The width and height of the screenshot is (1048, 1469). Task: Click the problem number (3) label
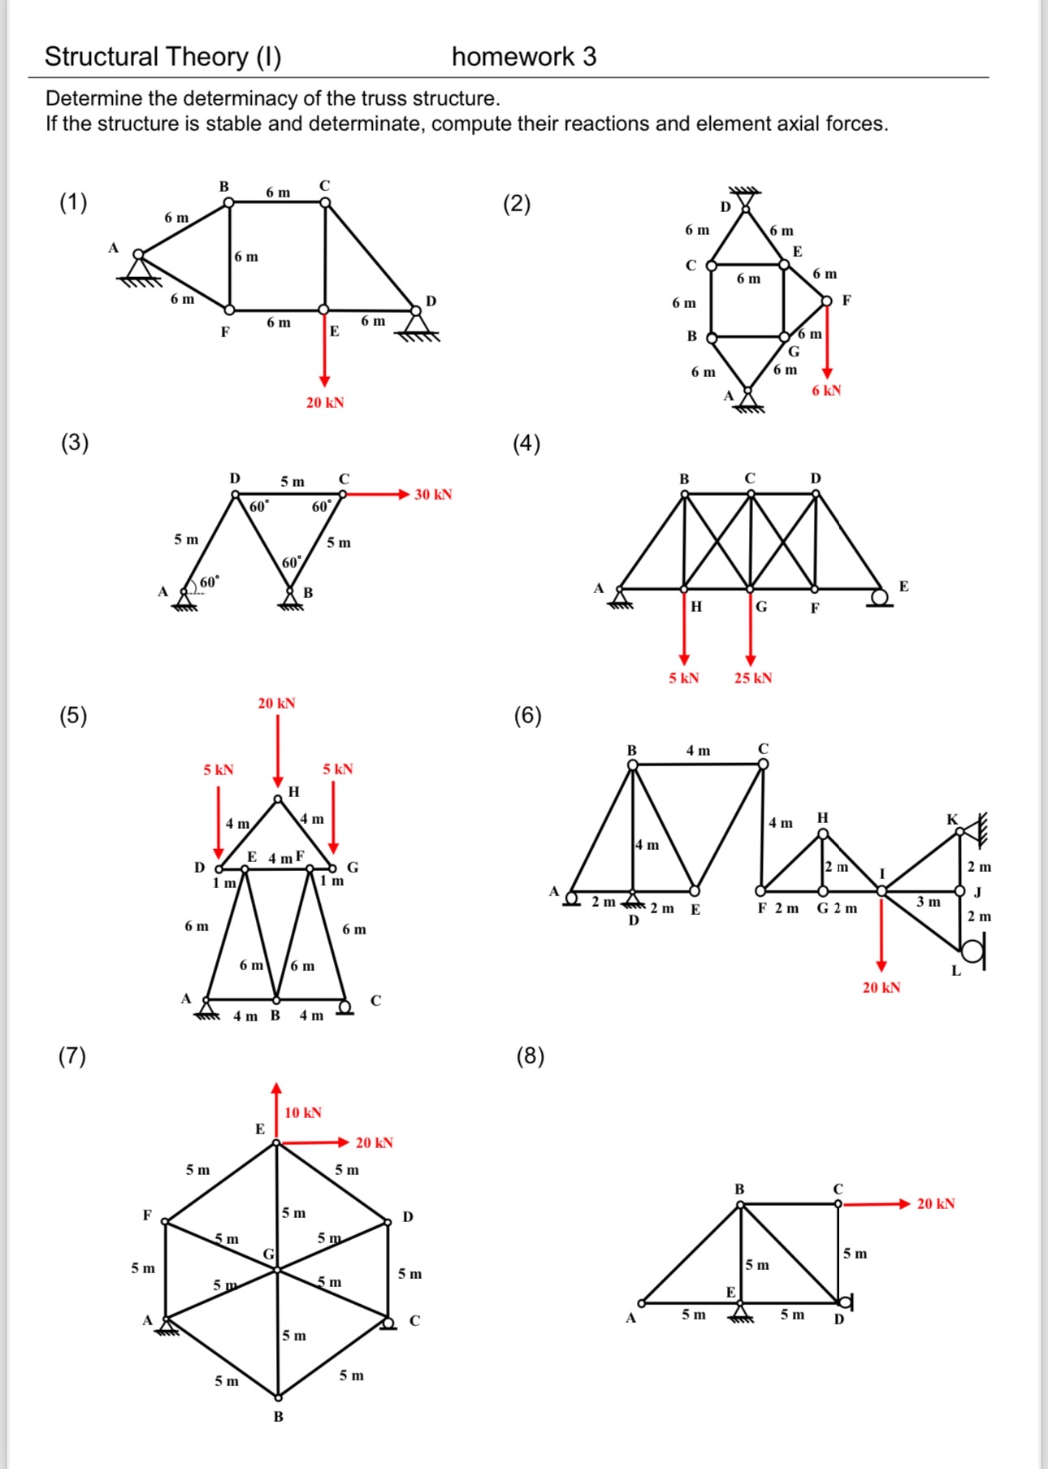pos(75,443)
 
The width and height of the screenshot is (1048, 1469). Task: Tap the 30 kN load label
pos(433,495)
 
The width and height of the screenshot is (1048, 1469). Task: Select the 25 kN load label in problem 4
pos(753,678)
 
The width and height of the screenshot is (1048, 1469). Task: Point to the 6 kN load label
pos(826,391)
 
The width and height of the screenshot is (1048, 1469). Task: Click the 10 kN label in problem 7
pos(303,1113)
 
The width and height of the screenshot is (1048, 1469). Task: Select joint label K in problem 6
pos(952,819)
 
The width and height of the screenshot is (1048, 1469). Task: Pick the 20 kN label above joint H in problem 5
pos(276,704)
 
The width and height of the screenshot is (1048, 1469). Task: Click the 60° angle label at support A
pos(209,583)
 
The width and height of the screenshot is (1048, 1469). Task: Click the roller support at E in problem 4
pos(879,599)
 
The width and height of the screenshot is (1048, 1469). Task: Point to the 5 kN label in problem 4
pos(683,678)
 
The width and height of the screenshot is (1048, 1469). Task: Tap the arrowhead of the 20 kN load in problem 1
pos(325,381)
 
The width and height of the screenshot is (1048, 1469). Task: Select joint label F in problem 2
pos(847,301)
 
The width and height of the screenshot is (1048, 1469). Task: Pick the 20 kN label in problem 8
pos(935,1204)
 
